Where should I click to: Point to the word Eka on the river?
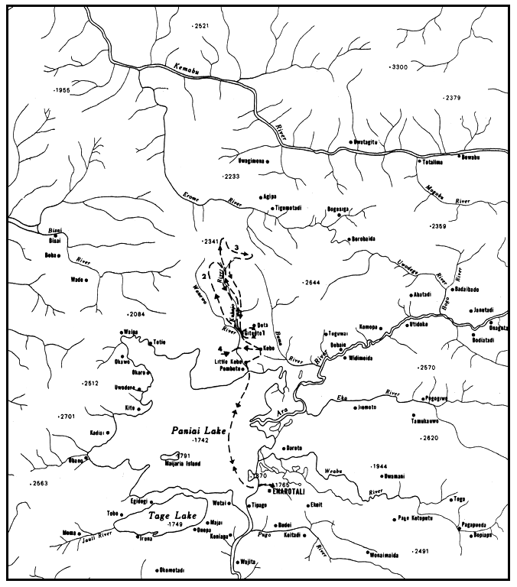click(343, 398)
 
